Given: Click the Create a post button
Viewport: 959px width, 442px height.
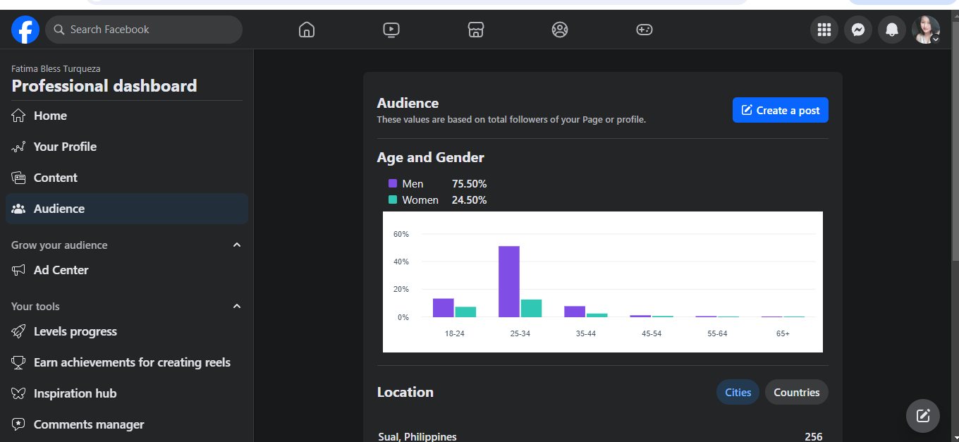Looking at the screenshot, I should pos(781,110).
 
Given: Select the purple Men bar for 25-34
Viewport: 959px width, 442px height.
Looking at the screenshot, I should pos(509,281).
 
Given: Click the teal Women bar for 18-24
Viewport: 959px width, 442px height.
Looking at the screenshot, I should pos(465,312).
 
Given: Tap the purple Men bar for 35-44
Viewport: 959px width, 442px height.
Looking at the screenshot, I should pos(575,312).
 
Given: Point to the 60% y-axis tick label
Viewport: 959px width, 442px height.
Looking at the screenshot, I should pos(401,234).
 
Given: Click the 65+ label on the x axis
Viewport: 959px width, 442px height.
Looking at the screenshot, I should pos(783,333).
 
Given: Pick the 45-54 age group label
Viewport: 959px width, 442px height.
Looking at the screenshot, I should pos(652,333).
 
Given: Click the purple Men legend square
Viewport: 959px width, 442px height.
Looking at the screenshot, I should pos(393,183).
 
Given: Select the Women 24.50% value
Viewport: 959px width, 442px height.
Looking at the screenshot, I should pos(469,200).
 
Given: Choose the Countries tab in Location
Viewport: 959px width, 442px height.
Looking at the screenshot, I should pos(796,393).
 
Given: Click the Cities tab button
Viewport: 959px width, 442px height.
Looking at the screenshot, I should pos(738,393).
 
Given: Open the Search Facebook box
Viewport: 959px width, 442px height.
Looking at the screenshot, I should pos(144,30).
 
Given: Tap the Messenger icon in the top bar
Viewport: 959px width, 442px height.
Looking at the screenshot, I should pos(858,30).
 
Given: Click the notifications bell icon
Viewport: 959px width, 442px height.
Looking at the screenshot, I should pos(892,30).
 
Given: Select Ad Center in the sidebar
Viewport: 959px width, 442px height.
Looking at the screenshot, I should pos(61,270).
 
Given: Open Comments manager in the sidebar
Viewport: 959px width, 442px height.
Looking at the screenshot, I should pos(88,424).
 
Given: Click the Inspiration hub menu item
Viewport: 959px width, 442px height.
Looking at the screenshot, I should pos(75,393).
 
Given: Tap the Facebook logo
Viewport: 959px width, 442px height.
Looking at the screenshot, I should pos(25,30).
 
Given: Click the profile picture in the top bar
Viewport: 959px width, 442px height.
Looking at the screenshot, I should pos(925,30).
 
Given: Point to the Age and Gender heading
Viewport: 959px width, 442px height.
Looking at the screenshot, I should pos(430,157).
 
